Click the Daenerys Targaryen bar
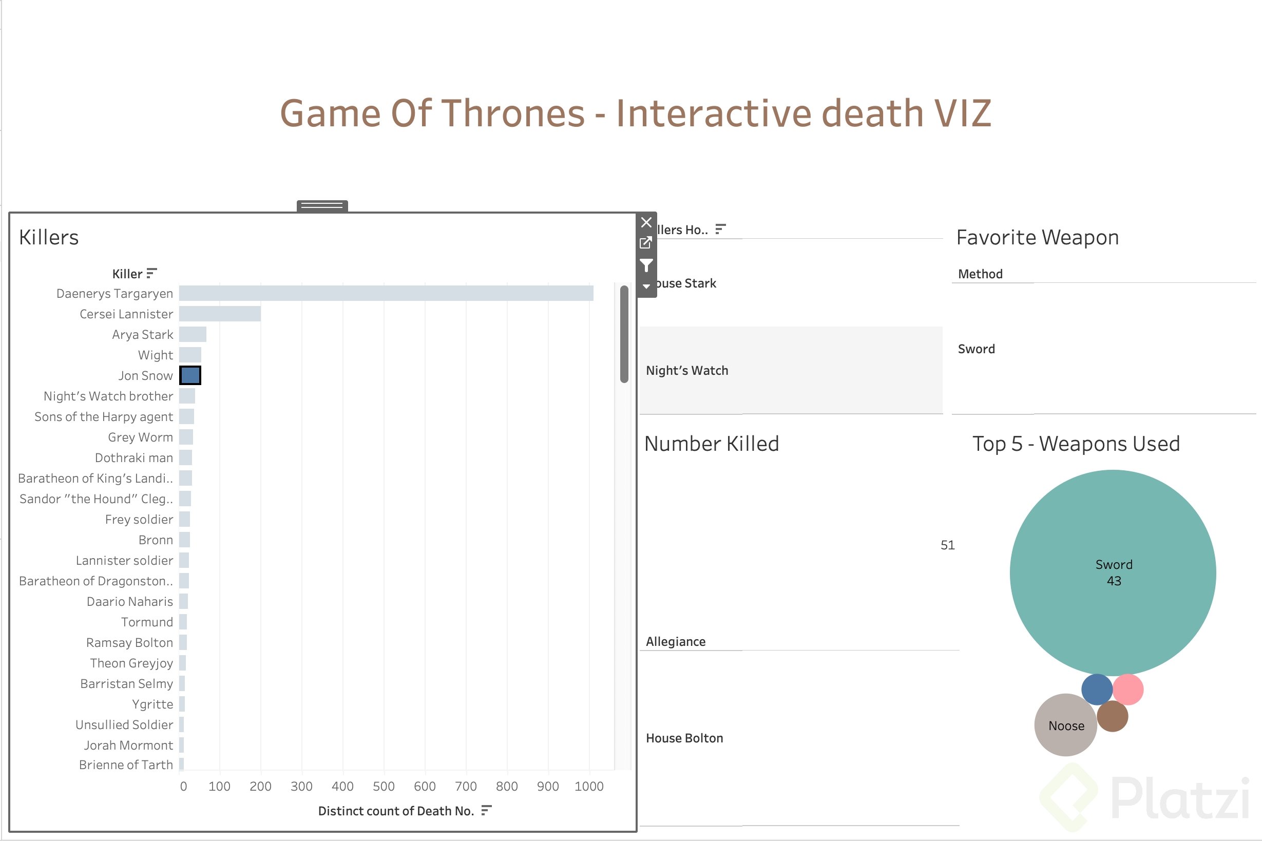pos(386,293)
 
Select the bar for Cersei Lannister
pos(220,314)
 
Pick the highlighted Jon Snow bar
pos(190,375)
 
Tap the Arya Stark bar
pos(193,334)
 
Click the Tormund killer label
pos(147,622)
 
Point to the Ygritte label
pos(152,704)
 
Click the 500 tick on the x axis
pos(384,786)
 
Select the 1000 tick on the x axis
pos(589,786)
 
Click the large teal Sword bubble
pos(1113,572)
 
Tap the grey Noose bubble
pos(1066,725)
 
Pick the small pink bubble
pos(1128,689)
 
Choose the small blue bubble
pos(1097,689)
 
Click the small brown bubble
pos(1113,716)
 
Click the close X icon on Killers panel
pos(646,222)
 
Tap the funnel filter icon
pos(646,265)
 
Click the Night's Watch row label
pos(687,371)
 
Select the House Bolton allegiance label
pos(684,738)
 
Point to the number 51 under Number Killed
pos(947,545)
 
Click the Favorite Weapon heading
pos(1037,237)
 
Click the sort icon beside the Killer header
pos(152,274)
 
